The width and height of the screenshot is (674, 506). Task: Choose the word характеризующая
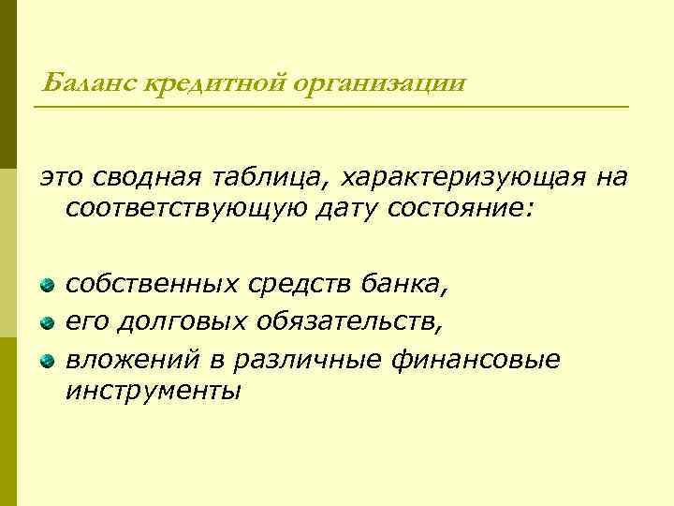449,177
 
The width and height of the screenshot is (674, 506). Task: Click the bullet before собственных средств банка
47,283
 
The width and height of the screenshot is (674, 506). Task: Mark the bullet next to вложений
47,361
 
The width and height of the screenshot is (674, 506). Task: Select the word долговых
178,321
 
